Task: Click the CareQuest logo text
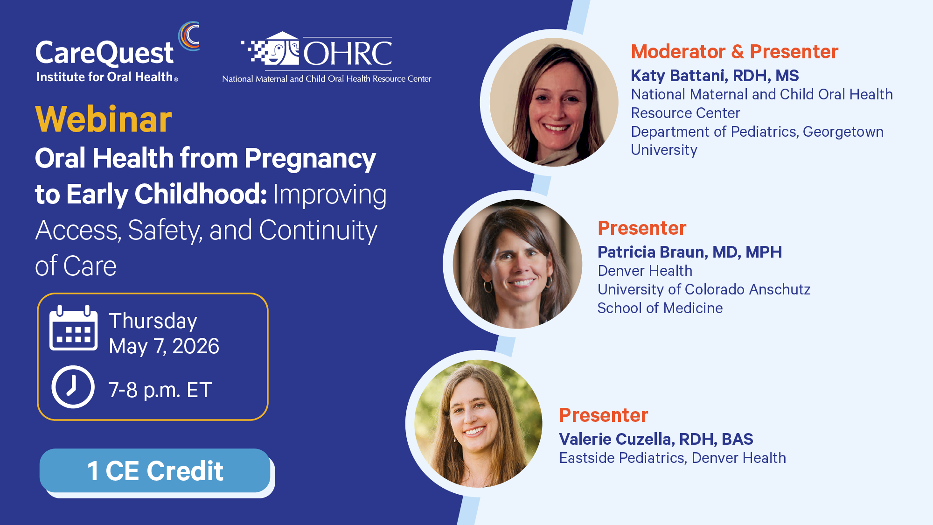pyautogui.click(x=104, y=53)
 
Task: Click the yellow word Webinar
pyautogui.click(x=104, y=119)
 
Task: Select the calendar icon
pyautogui.click(x=74, y=328)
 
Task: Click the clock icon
pyautogui.click(x=73, y=387)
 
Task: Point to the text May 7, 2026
pyautogui.click(x=164, y=346)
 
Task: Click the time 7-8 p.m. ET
pyautogui.click(x=160, y=390)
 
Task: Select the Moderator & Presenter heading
pyautogui.click(x=735, y=51)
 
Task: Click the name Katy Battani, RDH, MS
pyautogui.click(x=715, y=76)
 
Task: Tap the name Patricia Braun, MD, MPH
pyautogui.click(x=689, y=252)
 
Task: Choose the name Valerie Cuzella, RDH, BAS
pyautogui.click(x=656, y=439)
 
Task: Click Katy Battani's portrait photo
pyautogui.click(x=554, y=102)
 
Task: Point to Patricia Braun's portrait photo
pyautogui.click(x=517, y=264)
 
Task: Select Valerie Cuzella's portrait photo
pyautogui.click(x=478, y=424)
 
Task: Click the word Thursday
pyautogui.click(x=153, y=321)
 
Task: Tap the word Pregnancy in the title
pyautogui.click(x=310, y=159)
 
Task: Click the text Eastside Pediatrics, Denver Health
pyautogui.click(x=673, y=458)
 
